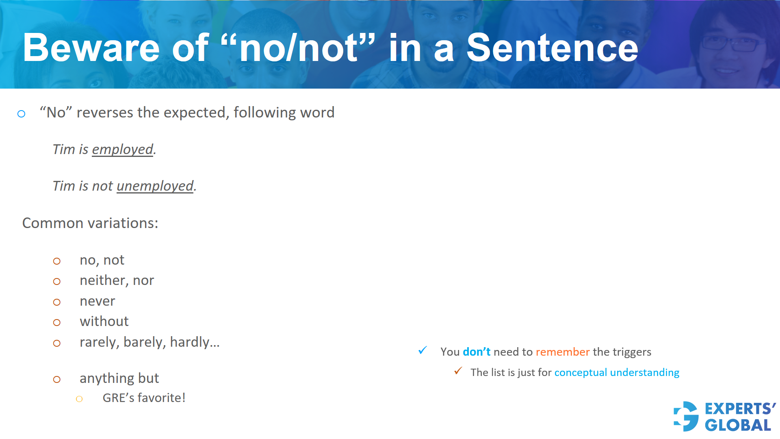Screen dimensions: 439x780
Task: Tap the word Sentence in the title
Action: click(552, 48)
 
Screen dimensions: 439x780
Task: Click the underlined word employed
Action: click(123, 150)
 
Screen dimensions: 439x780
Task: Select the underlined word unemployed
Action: click(155, 186)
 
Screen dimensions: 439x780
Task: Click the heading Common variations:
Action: click(90, 223)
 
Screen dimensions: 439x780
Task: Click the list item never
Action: click(97, 301)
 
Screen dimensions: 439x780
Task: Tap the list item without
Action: click(104, 322)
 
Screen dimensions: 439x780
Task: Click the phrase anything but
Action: click(119, 378)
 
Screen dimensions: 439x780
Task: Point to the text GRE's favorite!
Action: click(144, 398)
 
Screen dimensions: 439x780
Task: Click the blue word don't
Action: click(477, 352)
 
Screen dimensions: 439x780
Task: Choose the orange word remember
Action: click(563, 352)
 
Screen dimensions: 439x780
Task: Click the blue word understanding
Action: click(645, 373)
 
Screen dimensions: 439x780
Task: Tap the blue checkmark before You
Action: click(422, 350)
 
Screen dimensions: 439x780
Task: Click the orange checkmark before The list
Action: click(458, 371)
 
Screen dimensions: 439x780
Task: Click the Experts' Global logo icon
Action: click(686, 416)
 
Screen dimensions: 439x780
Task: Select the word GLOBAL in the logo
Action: click(738, 426)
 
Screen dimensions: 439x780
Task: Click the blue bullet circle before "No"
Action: click(22, 114)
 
